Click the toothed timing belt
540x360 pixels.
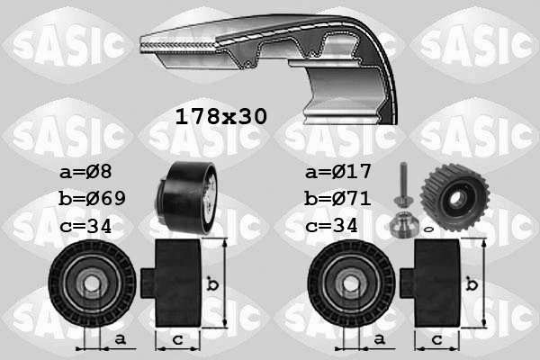click(x=270, y=54)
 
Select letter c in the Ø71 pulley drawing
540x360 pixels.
click(x=436, y=338)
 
